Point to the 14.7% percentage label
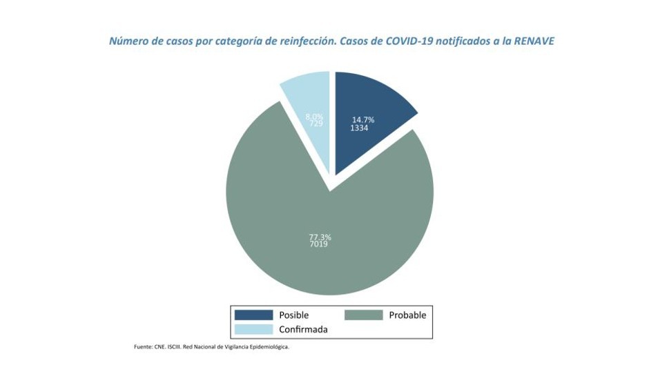362,120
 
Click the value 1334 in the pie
359,128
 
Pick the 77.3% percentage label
320,237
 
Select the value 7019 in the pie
318,244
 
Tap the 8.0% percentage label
314,117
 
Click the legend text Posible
293,315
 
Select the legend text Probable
407,315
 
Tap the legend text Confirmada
303,329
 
